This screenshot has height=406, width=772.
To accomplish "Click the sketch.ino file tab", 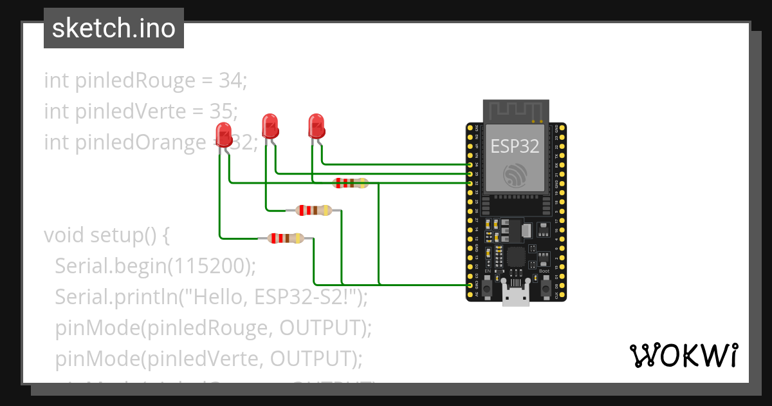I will pyautogui.click(x=114, y=28).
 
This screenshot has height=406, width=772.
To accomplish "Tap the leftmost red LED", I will pyautogui.click(x=224, y=134).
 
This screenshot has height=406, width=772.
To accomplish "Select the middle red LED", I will pyautogui.click(x=270, y=125).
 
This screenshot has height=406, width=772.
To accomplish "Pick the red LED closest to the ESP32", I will pyautogui.click(x=316, y=125).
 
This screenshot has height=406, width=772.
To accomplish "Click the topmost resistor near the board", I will pyautogui.click(x=350, y=183).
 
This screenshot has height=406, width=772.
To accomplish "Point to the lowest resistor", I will pyautogui.click(x=286, y=238).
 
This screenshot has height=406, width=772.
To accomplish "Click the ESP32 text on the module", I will pyautogui.click(x=515, y=146).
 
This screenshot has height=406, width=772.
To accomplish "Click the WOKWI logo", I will pyautogui.click(x=683, y=355).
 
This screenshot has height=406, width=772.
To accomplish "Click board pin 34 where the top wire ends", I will pyautogui.click(x=470, y=165).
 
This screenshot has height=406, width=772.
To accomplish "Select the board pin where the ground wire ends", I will pyautogui.click(x=470, y=285).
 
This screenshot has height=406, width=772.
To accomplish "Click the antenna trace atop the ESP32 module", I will pyautogui.click(x=515, y=111).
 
